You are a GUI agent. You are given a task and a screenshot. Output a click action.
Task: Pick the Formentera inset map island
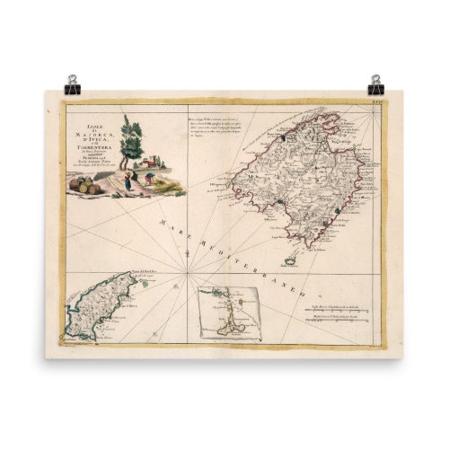click(x=232, y=314)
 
